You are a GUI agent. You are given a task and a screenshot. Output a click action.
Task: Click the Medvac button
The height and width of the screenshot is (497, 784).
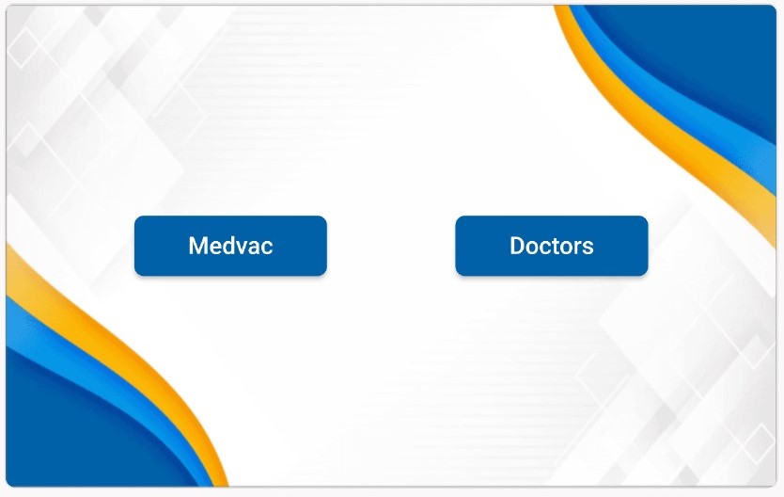click(230, 246)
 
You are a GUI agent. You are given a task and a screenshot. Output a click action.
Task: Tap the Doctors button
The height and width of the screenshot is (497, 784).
click(552, 246)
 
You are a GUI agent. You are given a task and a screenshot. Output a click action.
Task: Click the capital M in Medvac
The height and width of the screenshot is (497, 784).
click(197, 246)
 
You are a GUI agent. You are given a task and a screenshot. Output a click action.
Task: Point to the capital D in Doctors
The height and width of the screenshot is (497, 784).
click(518, 246)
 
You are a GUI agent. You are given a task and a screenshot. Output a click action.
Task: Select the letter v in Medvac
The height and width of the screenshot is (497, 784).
click(243, 248)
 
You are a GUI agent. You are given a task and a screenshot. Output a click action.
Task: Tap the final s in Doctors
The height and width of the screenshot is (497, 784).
click(588, 248)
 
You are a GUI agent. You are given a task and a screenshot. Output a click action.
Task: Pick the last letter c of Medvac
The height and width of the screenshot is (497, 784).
click(268, 248)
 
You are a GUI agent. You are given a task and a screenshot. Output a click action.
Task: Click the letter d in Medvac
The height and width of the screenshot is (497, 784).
click(228, 246)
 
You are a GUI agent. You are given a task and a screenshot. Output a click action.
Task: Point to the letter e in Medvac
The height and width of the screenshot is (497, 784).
click(214, 248)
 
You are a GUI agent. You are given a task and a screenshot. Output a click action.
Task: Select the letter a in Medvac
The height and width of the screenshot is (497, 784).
click(255, 248)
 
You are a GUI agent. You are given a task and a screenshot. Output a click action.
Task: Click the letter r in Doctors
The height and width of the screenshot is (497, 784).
click(578, 248)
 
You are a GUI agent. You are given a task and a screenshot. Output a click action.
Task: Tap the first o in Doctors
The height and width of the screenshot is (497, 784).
click(533, 248)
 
